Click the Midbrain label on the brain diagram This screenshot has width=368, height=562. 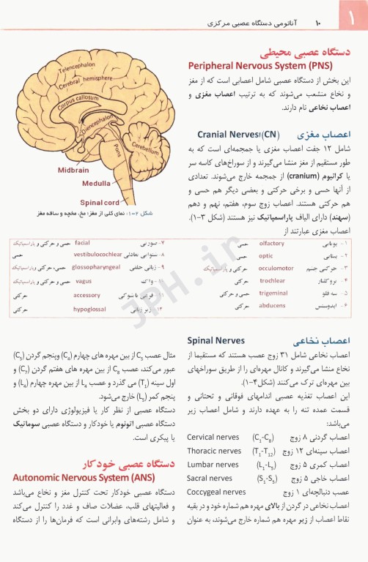pos(73,170)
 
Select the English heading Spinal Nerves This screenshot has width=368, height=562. pos(216,341)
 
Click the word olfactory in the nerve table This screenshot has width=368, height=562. pos(272,243)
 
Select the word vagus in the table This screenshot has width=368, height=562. pos(83,281)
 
